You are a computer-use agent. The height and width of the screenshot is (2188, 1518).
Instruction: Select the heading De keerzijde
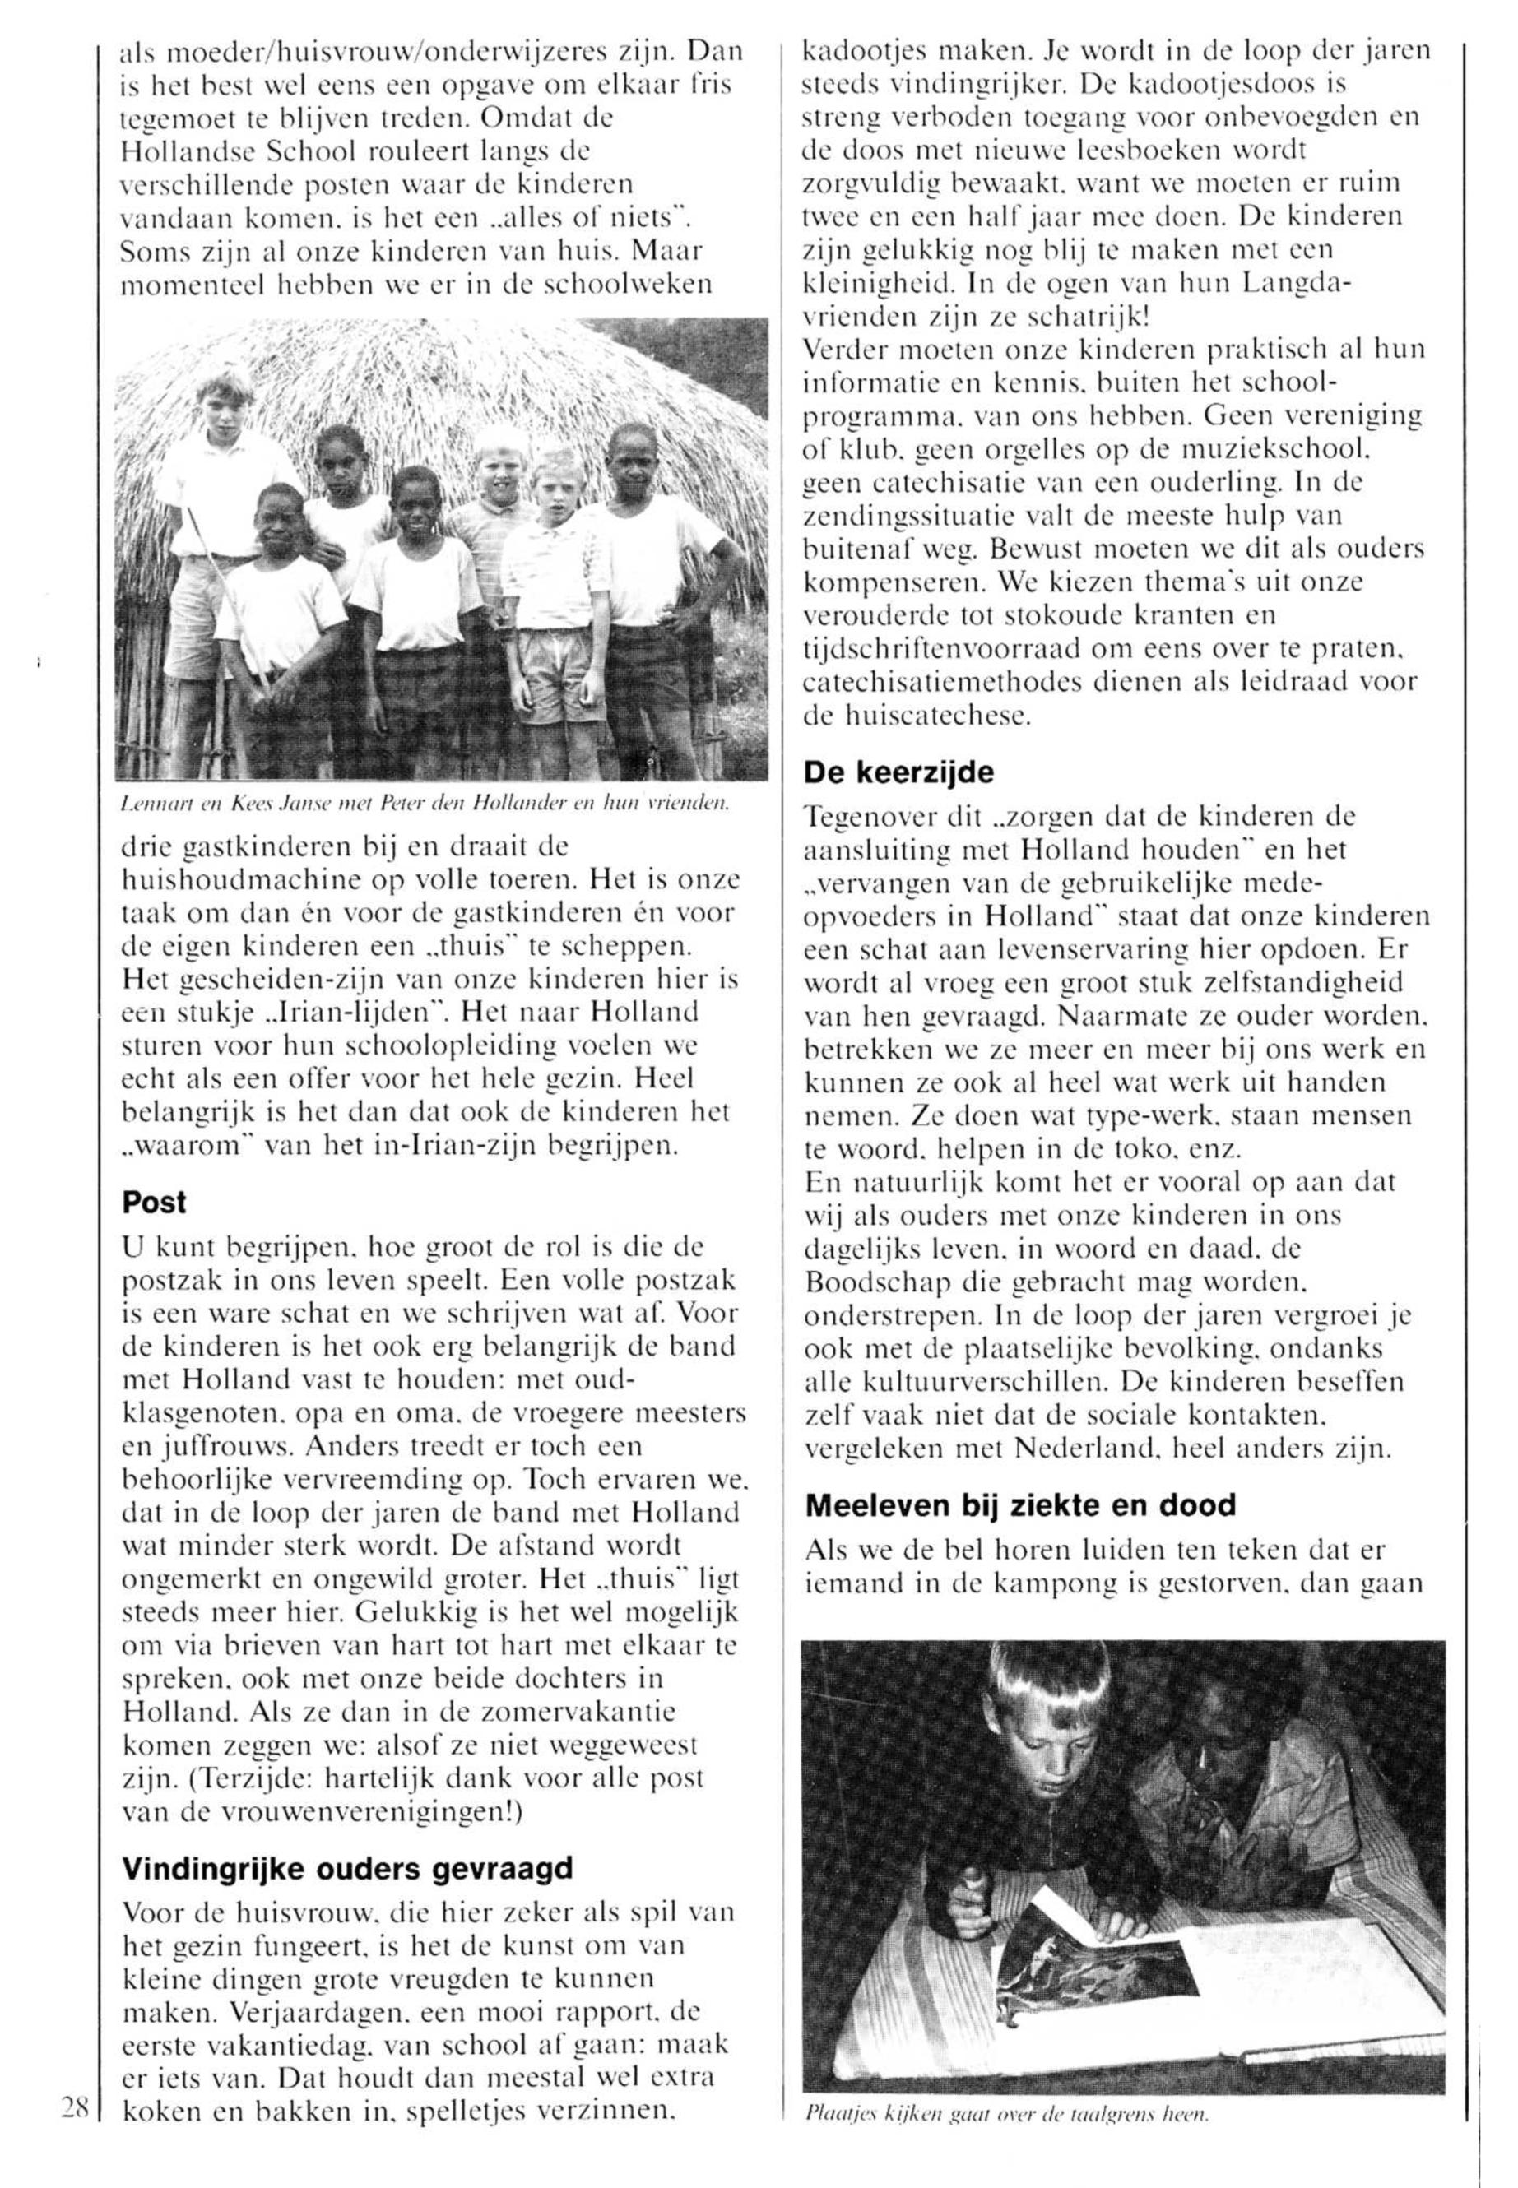click(898, 772)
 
